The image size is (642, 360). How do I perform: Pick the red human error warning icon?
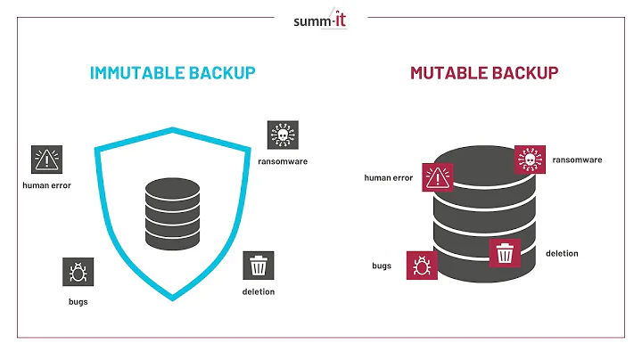tap(438, 177)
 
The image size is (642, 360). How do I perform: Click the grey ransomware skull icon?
tap(283, 135)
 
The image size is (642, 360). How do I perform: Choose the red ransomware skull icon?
tap(529, 160)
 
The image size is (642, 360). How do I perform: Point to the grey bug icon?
tap(77, 272)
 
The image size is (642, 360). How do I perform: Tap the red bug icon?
tap(422, 266)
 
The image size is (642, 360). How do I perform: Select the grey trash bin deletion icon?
tap(259, 266)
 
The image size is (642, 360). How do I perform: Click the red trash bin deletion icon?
tap(505, 254)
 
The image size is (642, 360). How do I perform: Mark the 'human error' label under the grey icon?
tap(46, 185)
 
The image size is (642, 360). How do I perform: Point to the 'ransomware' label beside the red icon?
tap(577, 160)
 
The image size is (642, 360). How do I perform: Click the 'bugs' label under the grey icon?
tap(77, 300)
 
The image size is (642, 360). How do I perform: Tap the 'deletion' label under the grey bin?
tap(259, 291)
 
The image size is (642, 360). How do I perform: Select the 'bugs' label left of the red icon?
tap(382, 266)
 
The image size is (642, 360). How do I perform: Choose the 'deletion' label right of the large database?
tap(562, 254)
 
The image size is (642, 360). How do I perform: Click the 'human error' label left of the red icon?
tap(389, 178)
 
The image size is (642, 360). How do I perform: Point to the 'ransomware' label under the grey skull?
tap(283, 161)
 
